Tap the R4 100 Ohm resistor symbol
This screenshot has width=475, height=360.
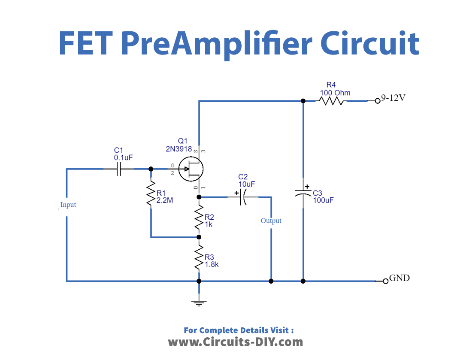click(332, 101)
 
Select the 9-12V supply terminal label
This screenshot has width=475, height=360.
click(393, 98)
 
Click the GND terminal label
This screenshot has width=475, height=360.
click(399, 278)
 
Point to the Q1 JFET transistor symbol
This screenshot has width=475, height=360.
click(191, 169)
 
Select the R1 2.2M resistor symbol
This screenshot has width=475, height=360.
click(151, 195)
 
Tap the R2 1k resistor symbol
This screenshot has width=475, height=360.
click(199, 218)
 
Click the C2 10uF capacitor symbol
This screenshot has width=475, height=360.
click(243, 197)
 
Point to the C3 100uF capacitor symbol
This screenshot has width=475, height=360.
click(303, 192)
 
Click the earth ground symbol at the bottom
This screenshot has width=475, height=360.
click(199, 303)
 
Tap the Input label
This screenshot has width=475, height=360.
click(68, 205)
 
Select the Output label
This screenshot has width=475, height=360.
click(271, 221)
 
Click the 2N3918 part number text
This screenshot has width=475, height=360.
click(179, 149)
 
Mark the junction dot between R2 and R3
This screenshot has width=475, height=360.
click(199, 237)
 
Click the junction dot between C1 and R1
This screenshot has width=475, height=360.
click(151, 169)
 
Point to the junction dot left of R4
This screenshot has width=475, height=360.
click(303, 101)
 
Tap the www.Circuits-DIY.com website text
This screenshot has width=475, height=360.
click(235, 342)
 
